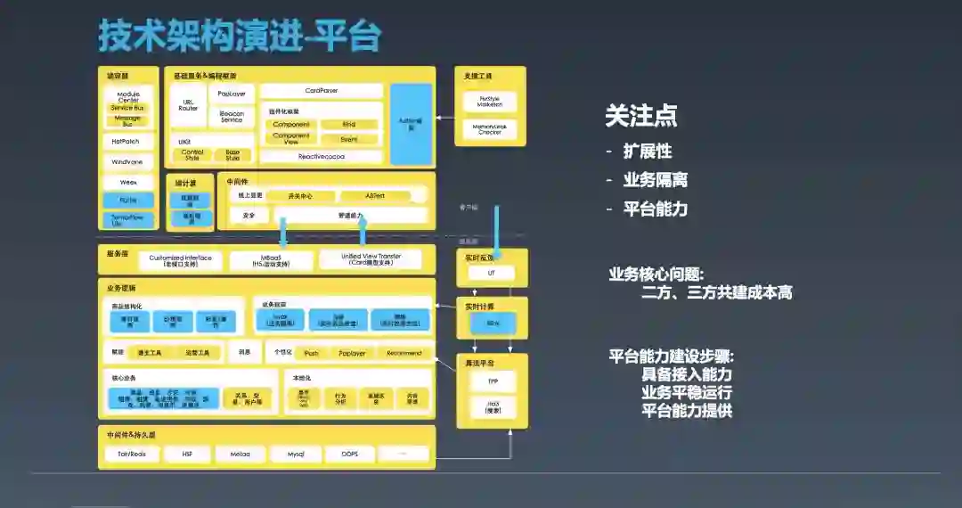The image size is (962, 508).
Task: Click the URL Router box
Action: point(188,105)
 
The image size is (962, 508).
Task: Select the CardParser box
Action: point(321,91)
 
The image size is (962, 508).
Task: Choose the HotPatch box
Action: point(128,142)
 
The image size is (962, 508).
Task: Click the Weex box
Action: point(128,182)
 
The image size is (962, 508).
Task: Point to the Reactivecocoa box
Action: point(321,156)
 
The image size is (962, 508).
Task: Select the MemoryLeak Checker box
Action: point(490,130)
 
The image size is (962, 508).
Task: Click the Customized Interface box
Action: point(181,260)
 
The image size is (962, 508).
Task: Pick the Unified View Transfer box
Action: point(371,260)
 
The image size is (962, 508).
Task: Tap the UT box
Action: point(490,274)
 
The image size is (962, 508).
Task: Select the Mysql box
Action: point(297,454)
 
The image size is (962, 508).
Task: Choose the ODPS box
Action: point(350,454)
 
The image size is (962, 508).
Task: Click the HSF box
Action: point(187,454)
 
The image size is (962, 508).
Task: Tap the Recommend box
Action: point(404,353)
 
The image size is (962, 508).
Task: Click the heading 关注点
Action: point(640,115)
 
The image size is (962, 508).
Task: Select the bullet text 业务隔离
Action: point(655,180)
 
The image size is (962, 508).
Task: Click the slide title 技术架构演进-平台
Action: point(239,37)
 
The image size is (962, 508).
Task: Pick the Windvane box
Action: point(128,162)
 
